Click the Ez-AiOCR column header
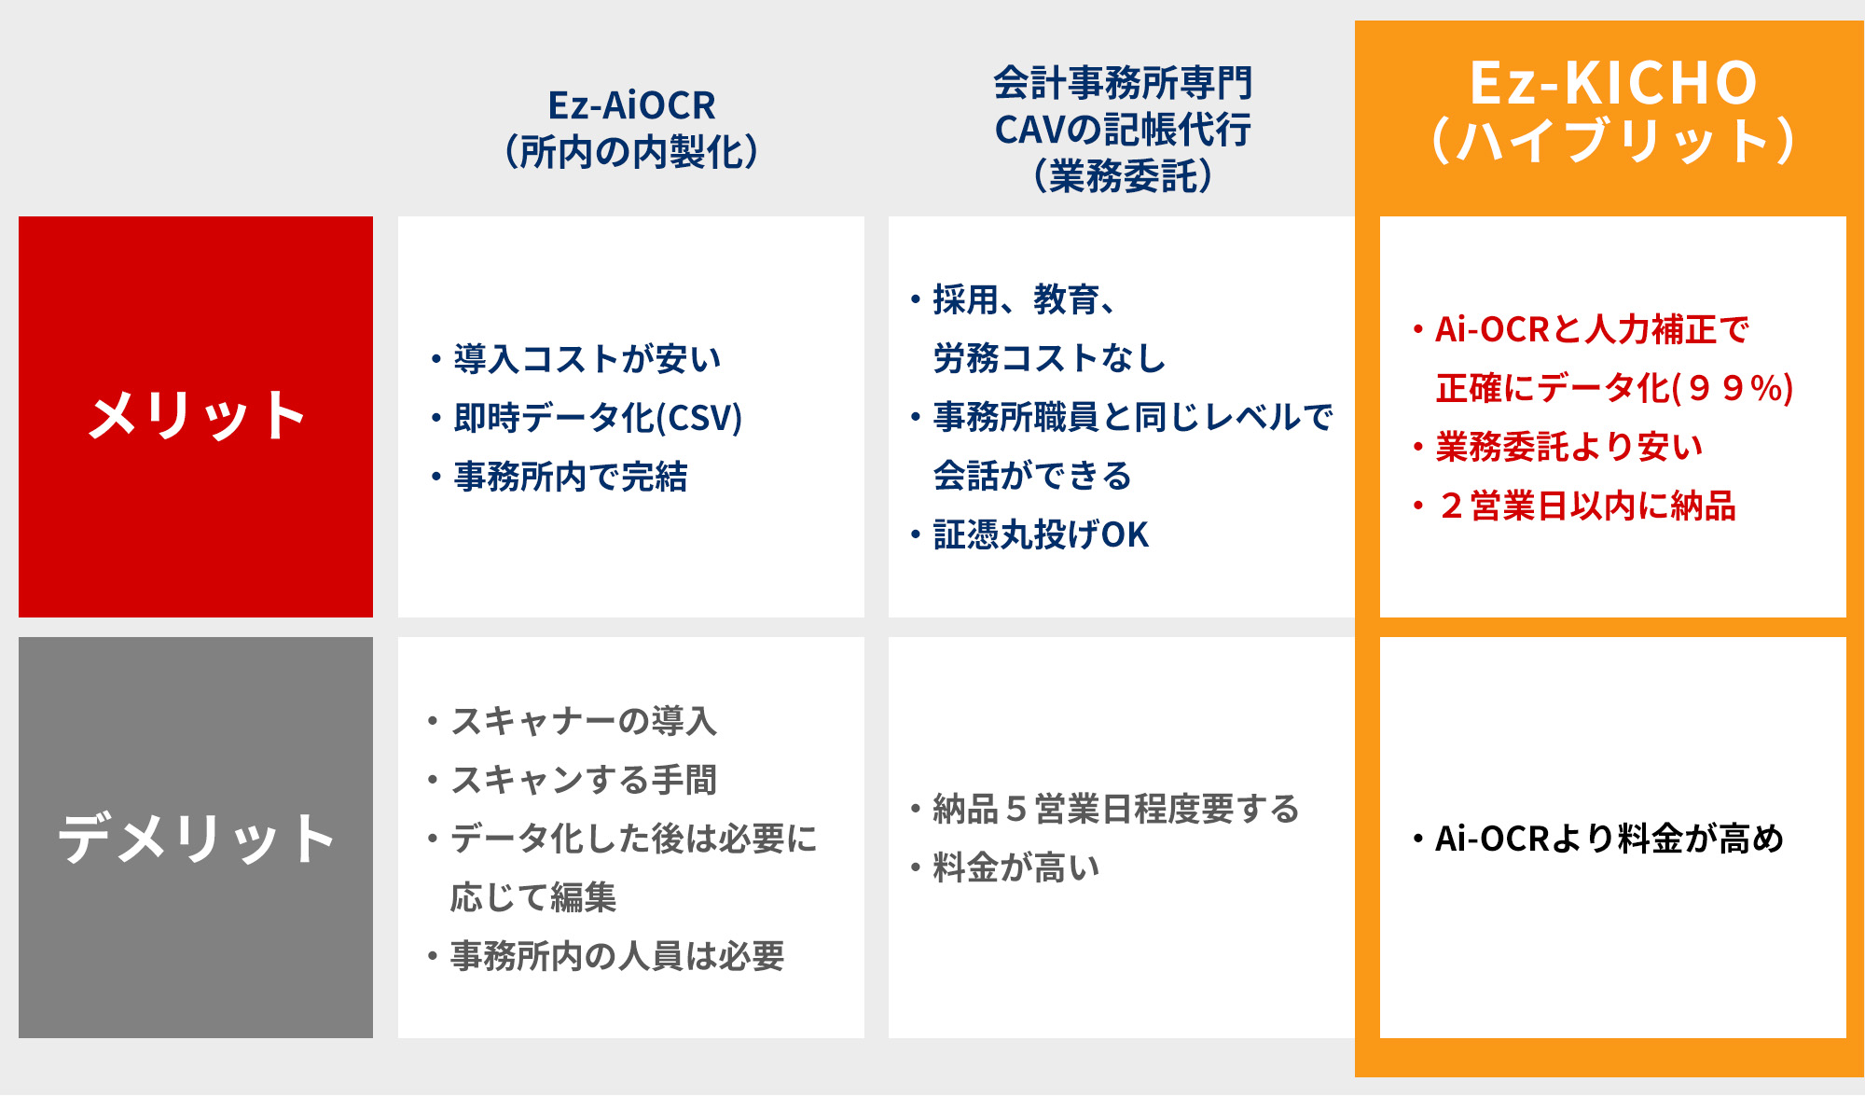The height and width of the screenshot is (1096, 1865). coord(631,105)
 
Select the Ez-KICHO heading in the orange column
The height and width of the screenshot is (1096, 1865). coord(1613,83)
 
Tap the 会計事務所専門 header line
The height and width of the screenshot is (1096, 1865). coord(1123,83)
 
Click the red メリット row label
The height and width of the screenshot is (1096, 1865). coord(196,416)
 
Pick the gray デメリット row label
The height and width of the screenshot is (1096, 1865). coord(196,838)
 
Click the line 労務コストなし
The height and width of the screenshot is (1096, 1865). coord(1049,358)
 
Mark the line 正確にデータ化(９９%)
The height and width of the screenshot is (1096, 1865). coord(1615,388)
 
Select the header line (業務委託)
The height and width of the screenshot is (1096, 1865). coord(1123,175)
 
